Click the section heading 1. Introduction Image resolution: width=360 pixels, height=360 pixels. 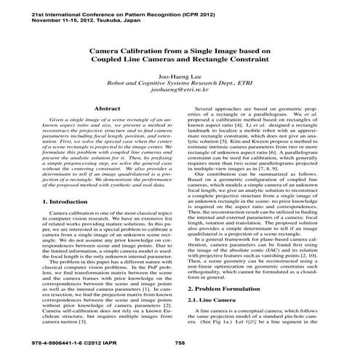(x=51, y=200)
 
